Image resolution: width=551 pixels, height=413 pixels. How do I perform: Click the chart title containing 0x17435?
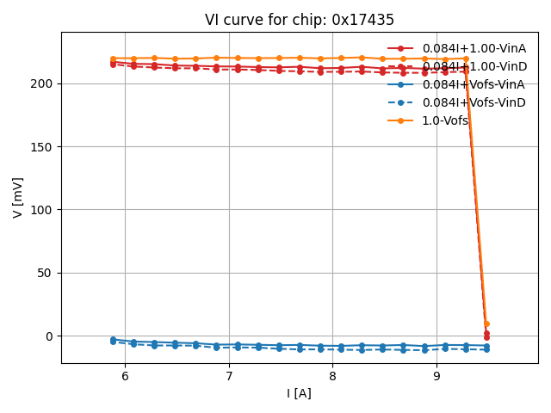pos(300,20)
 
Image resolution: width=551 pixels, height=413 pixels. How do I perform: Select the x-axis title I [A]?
pos(300,393)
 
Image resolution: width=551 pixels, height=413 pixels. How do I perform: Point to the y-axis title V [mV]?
pos(18,197)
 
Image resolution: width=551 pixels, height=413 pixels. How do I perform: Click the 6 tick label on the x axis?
pos(125,376)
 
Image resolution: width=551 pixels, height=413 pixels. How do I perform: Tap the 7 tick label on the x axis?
pos(229,376)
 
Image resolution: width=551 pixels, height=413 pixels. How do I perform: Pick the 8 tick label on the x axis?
pos(332,376)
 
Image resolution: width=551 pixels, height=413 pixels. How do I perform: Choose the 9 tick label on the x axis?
pos(436,376)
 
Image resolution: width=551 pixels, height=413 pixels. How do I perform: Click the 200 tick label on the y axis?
pos(42,83)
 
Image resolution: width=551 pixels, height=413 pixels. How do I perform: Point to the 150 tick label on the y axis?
pos(42,147)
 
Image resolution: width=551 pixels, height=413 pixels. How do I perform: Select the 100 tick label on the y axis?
pos(42,210)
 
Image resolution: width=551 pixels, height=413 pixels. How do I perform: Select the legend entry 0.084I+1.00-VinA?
pos(474,48)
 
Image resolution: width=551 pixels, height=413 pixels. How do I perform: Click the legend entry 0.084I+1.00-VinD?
pos(474,66)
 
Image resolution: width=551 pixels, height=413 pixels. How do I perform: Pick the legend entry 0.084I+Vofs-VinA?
pos(474,84)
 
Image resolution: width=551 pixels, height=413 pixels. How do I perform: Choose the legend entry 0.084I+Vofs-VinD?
pos(474,102)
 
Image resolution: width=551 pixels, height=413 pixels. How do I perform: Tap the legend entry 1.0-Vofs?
pos(445,120)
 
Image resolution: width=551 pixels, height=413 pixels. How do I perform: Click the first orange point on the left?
pos(113,59)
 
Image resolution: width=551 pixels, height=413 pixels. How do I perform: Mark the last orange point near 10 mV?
pos(486,324)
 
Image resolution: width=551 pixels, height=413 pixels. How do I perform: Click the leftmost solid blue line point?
pos(113,340)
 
